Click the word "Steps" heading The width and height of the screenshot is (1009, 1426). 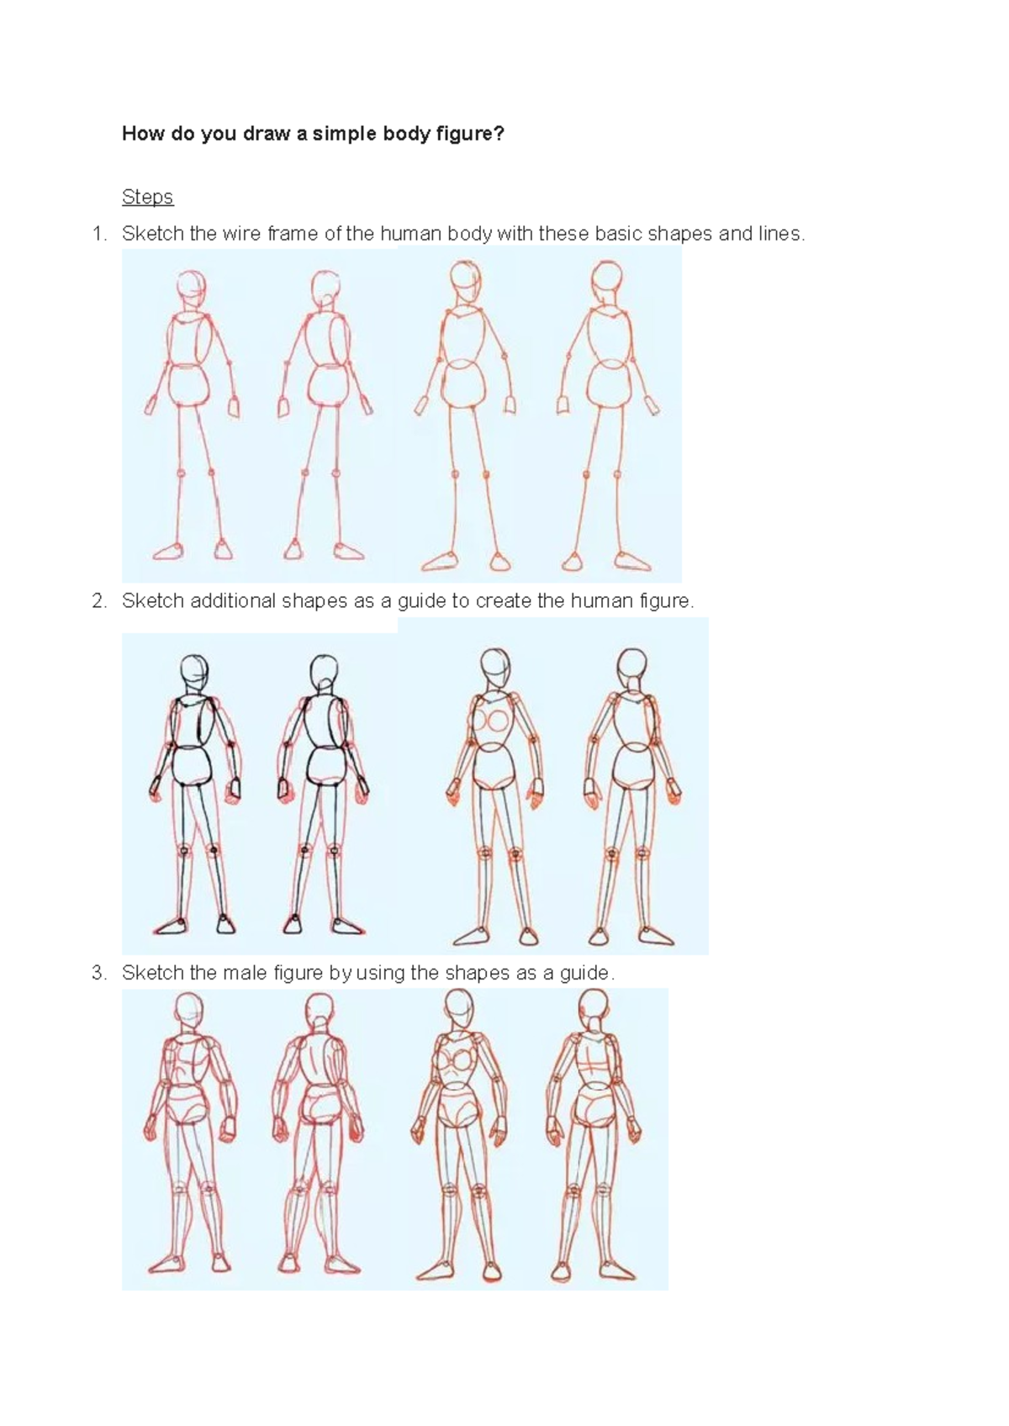(147, 197)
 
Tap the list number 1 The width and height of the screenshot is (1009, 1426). (100, 234)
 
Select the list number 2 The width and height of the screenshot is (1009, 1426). (100, 601)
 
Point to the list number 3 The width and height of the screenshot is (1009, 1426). (100, 973)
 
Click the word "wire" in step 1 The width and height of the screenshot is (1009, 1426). (242, 234)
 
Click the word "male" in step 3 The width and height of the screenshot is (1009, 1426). (242, 973)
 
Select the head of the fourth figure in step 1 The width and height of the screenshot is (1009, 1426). (606, 278)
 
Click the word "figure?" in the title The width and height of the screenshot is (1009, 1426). (473, 133)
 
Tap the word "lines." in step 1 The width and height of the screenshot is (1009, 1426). (781, 234)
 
